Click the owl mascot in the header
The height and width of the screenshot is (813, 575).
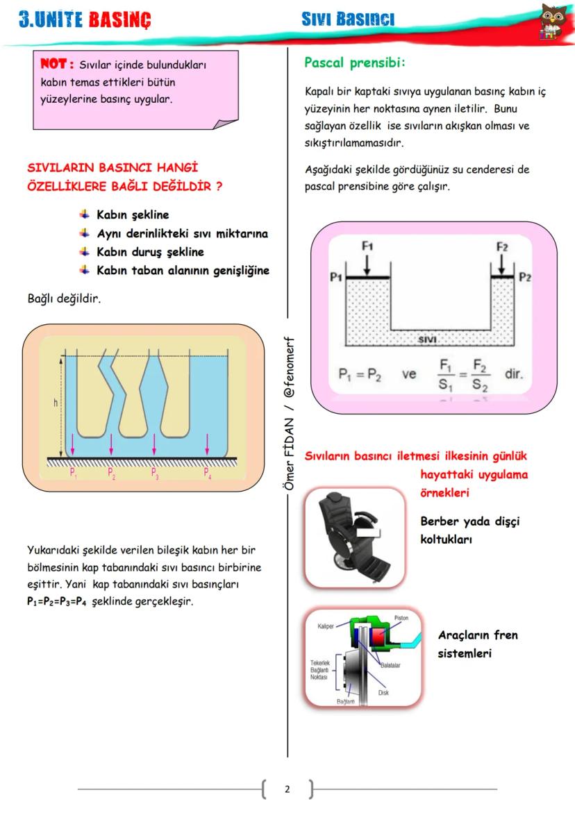(x=553, y=21)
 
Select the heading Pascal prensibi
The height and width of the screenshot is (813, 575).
(x=354, y=62)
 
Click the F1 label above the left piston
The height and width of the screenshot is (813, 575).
(x=367, y=246)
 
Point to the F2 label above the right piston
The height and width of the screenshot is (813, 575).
(x=502, y=246)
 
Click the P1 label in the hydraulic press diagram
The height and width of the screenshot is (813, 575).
(x=336, y=277)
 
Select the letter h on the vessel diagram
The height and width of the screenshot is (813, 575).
(x=56, y=403)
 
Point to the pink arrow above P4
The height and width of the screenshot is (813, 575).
(x=208, y=443)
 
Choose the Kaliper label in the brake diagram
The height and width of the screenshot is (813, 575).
(x=326, y=626)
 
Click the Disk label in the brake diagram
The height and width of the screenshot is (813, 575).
(x=383, y=692)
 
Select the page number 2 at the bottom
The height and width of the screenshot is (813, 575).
(x=287, y=789)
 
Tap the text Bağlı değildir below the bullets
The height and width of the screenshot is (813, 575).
(x=60, y=300)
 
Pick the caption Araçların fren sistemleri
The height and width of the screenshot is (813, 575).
(x=477, y=644)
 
